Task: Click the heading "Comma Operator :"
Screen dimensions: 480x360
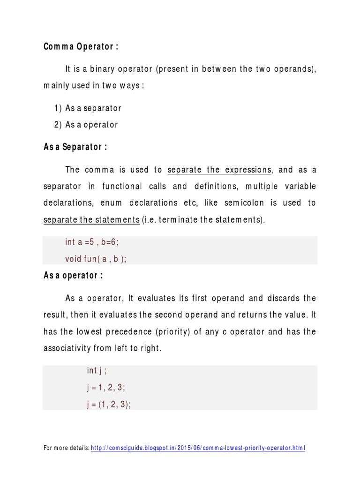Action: [x=81, y=46]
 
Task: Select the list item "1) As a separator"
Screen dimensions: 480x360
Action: [x=88, y=108]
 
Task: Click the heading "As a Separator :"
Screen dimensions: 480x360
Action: [x=75, y=147]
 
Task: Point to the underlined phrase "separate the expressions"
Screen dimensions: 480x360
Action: [x=219, y=170]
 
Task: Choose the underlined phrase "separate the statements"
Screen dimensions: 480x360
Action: [x=91, y=219]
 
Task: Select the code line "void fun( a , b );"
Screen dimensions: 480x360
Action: [x=96, y=259]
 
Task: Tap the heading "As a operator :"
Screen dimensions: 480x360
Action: [x=73, y=276]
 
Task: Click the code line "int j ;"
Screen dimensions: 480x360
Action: [x=97, y=371]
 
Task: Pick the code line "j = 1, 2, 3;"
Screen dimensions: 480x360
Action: [x=106, y=388]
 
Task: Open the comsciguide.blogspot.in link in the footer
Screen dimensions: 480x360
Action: [x=198, y=448]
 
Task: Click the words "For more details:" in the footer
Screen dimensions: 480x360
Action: [x=67, y=448]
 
